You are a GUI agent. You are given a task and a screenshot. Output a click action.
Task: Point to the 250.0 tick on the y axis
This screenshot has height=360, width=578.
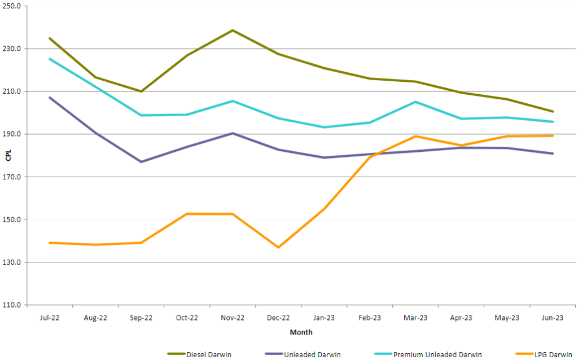12,6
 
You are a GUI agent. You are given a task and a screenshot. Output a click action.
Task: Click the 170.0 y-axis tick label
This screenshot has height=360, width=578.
12,177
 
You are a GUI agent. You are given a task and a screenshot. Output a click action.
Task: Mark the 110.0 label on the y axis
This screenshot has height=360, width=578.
12,305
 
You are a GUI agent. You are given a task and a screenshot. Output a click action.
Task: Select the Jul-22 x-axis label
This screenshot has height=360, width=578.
50,318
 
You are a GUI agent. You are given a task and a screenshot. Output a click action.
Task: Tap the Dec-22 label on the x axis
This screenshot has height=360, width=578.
278,318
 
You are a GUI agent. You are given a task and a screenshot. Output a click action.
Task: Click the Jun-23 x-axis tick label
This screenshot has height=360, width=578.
553,318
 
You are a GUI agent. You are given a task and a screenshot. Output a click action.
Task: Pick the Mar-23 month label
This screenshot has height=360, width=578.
415,318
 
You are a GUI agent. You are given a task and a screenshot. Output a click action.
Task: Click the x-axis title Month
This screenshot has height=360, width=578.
301,332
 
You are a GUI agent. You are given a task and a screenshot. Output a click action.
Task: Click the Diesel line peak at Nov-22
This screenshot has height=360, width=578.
233,30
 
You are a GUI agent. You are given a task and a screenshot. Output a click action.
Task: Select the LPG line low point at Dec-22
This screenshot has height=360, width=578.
278,247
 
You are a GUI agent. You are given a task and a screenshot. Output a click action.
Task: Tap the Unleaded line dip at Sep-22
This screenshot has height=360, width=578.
141,162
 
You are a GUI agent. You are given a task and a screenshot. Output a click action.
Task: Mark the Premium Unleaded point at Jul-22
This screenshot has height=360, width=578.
50,59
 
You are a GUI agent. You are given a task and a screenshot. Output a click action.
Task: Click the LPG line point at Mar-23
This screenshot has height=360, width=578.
415,136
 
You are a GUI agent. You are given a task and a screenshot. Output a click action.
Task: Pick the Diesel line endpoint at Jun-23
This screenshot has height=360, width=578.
553,111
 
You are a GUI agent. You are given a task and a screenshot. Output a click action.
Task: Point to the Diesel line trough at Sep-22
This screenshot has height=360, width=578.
141,91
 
